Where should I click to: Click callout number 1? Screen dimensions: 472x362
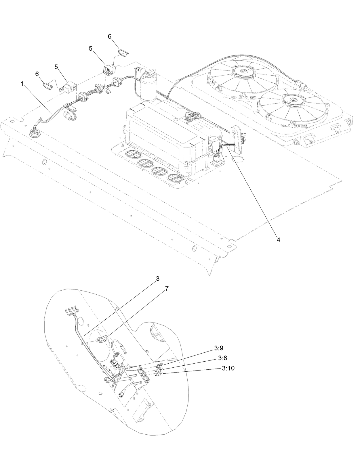point(22,84)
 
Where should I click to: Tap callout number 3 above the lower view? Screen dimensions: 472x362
point(158,279)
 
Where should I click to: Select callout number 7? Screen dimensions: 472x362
point(167,289)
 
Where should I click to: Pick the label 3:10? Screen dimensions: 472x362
point(228,368)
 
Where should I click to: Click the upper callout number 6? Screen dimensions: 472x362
point(109,37)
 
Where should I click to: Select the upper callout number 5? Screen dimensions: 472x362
point(91,49)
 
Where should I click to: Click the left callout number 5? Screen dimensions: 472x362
point(56,67)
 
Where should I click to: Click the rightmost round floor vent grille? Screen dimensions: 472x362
point(176,178)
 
